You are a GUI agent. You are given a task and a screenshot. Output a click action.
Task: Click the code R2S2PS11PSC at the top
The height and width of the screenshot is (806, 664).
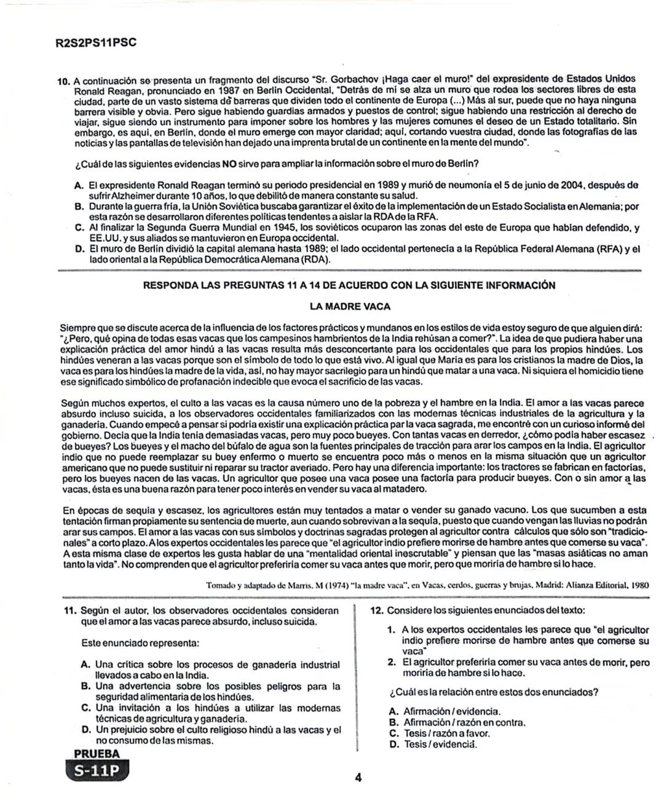pos(95,43)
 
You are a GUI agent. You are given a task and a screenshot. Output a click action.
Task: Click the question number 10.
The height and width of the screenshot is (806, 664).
pos(65,81)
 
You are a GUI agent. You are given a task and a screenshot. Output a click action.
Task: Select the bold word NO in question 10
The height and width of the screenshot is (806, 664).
pos(229,164)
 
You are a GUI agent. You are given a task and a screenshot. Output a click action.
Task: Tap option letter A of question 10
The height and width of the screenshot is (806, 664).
pos(78,184)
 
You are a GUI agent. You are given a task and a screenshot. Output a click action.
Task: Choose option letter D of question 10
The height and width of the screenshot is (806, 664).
pos(78,249)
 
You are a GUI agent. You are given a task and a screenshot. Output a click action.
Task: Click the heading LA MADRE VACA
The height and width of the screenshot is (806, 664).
pos(350,306)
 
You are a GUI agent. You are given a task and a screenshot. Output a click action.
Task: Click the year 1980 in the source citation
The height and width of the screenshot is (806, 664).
pos(638,585)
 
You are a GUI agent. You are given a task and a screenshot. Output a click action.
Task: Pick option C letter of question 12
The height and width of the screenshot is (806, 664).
pos(394,733)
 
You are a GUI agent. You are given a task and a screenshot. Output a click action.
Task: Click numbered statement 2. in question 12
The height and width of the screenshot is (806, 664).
pos(392,662)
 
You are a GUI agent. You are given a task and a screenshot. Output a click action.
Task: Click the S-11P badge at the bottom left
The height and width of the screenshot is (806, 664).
pos(96,771)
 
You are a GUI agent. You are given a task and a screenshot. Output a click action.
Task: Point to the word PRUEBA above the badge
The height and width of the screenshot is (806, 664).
pos(97,754)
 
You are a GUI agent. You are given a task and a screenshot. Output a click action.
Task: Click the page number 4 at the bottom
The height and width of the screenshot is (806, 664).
pos(358,778)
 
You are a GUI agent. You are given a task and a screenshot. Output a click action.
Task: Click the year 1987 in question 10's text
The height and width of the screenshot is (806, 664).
pos(218,90)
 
